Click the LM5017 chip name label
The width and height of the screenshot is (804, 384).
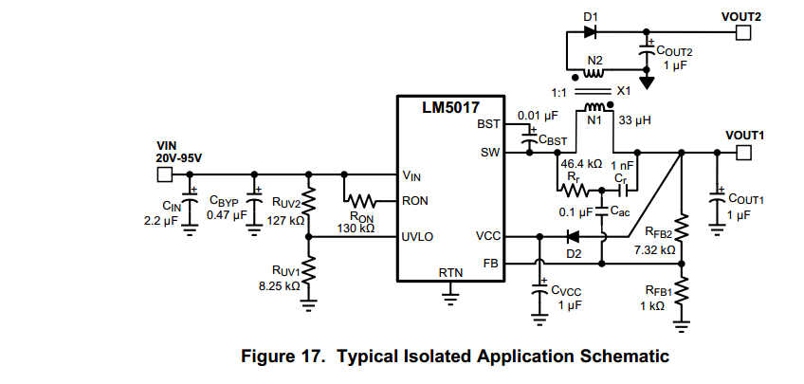pyautogui.click(x=450, y=107)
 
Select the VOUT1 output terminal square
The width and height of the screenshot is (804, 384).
pyautogui.click(x=743, y=153)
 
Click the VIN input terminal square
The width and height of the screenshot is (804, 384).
pyautogui.click(x=164, y=175)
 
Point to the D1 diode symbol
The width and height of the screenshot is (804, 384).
pyautogui.click(x=591, y=32)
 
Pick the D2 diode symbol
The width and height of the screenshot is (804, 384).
pyautogui.click(x=572, y=236)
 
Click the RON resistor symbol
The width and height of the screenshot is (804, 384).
pyautogui.click(x=361, y=201)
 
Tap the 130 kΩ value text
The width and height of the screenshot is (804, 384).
pyautogui.click(x=356, y=229)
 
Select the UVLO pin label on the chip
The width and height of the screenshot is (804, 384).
pyautogui.click(x=417, y=236)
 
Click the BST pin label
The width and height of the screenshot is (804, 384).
pyautogui.click(x=487, y=124)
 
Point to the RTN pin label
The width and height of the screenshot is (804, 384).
pyautogui.click(x=450, y=272)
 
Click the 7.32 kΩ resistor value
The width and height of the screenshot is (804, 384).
pyautogui.click(x=655, y=250)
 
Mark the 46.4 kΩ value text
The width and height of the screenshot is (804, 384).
pyautogui.click(x=582, y=164)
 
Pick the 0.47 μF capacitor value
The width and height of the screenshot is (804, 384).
pyautogui.click(x=226, y=215)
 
